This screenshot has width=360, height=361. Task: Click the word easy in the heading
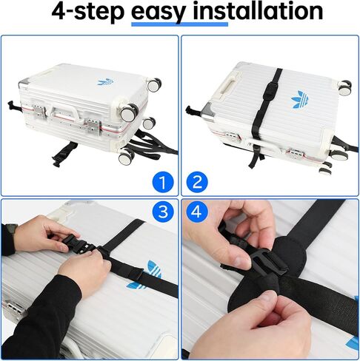(159, 12)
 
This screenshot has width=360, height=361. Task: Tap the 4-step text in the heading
(87, 13)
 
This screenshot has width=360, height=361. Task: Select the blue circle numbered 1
(163, 182)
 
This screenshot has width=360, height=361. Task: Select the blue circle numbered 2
(197, 182)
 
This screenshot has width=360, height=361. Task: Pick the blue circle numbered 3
(163, 212)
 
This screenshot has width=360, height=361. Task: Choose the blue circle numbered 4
(197, 212)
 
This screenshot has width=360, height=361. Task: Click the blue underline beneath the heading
(179, 24)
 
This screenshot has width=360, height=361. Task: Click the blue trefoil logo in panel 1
(105, 82)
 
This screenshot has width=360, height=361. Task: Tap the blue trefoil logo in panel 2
(300, 100)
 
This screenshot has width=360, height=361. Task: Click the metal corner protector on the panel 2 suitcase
(208, 110)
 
